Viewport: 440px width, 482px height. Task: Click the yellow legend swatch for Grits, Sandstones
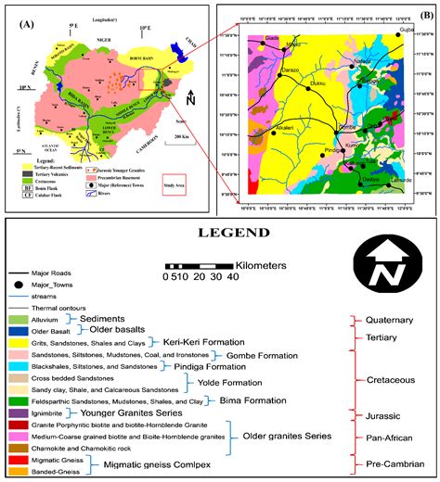point(18,342)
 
